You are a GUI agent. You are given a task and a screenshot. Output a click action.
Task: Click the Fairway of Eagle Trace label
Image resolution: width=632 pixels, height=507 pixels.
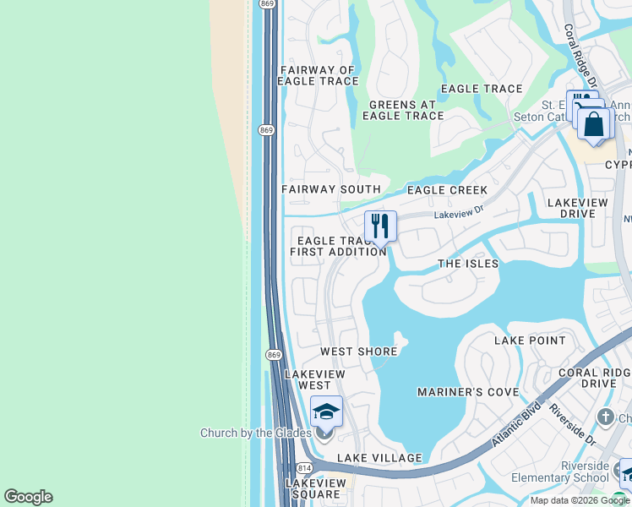pos(318,76)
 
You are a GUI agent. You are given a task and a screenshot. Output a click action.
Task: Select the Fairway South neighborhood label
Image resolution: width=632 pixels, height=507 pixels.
pos(330,190)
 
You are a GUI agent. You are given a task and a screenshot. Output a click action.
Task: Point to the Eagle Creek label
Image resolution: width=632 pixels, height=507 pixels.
pos(447,190)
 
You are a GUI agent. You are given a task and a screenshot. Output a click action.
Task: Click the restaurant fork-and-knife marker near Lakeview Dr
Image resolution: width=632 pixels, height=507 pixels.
pos(380,226)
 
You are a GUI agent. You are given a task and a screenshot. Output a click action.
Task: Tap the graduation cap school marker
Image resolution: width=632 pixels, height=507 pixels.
pos(326,412)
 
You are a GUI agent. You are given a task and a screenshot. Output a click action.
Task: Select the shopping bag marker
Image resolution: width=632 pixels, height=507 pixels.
pos(595,124)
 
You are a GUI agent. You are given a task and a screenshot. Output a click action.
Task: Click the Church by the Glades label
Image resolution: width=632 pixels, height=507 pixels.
pos(254,433)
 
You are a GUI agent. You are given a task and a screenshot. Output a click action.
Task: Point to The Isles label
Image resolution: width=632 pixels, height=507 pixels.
pos(468,264)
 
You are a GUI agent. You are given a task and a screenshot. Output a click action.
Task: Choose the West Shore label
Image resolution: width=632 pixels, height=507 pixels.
pos(358,352)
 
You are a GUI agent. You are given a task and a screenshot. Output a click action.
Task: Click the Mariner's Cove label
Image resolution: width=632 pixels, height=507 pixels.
pos(467,392)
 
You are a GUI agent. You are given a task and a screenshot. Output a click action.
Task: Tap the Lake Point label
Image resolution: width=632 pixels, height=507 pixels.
pos(530,341)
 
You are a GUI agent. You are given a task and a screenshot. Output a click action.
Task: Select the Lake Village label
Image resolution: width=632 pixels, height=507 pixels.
pos(379,458)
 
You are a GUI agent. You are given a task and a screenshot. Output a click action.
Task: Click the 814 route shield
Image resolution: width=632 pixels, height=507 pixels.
pos(302,467)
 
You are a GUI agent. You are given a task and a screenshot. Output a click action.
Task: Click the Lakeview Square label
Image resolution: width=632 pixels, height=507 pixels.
pos(314,488)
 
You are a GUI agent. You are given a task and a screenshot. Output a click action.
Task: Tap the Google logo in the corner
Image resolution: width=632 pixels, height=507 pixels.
pos(28,497)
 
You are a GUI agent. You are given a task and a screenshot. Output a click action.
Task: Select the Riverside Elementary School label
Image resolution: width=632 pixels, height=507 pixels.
pos(572,472)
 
